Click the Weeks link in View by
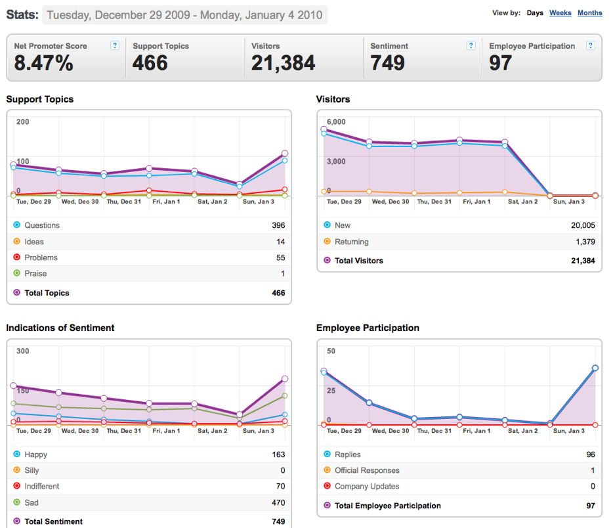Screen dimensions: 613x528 point(560,13)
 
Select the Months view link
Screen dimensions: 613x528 point(590,13)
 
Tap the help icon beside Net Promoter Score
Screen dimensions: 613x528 point(115,45)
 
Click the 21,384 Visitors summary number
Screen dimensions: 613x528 point(283,63)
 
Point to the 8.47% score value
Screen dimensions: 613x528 point(43,63)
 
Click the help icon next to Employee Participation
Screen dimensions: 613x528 point(591,45)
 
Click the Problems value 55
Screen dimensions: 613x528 point(281,257)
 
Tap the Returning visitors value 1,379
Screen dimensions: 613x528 point(585,242)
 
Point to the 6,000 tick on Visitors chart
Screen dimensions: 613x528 point(336,121)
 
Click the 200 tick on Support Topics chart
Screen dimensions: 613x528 point(23,121)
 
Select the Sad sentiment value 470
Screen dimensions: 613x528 point(278,502)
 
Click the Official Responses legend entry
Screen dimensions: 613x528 point(362,470)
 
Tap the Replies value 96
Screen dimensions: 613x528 point(591,454)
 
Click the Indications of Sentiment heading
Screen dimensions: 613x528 point(60,328)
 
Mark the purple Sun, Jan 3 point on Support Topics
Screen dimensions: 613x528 point(285,153)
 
